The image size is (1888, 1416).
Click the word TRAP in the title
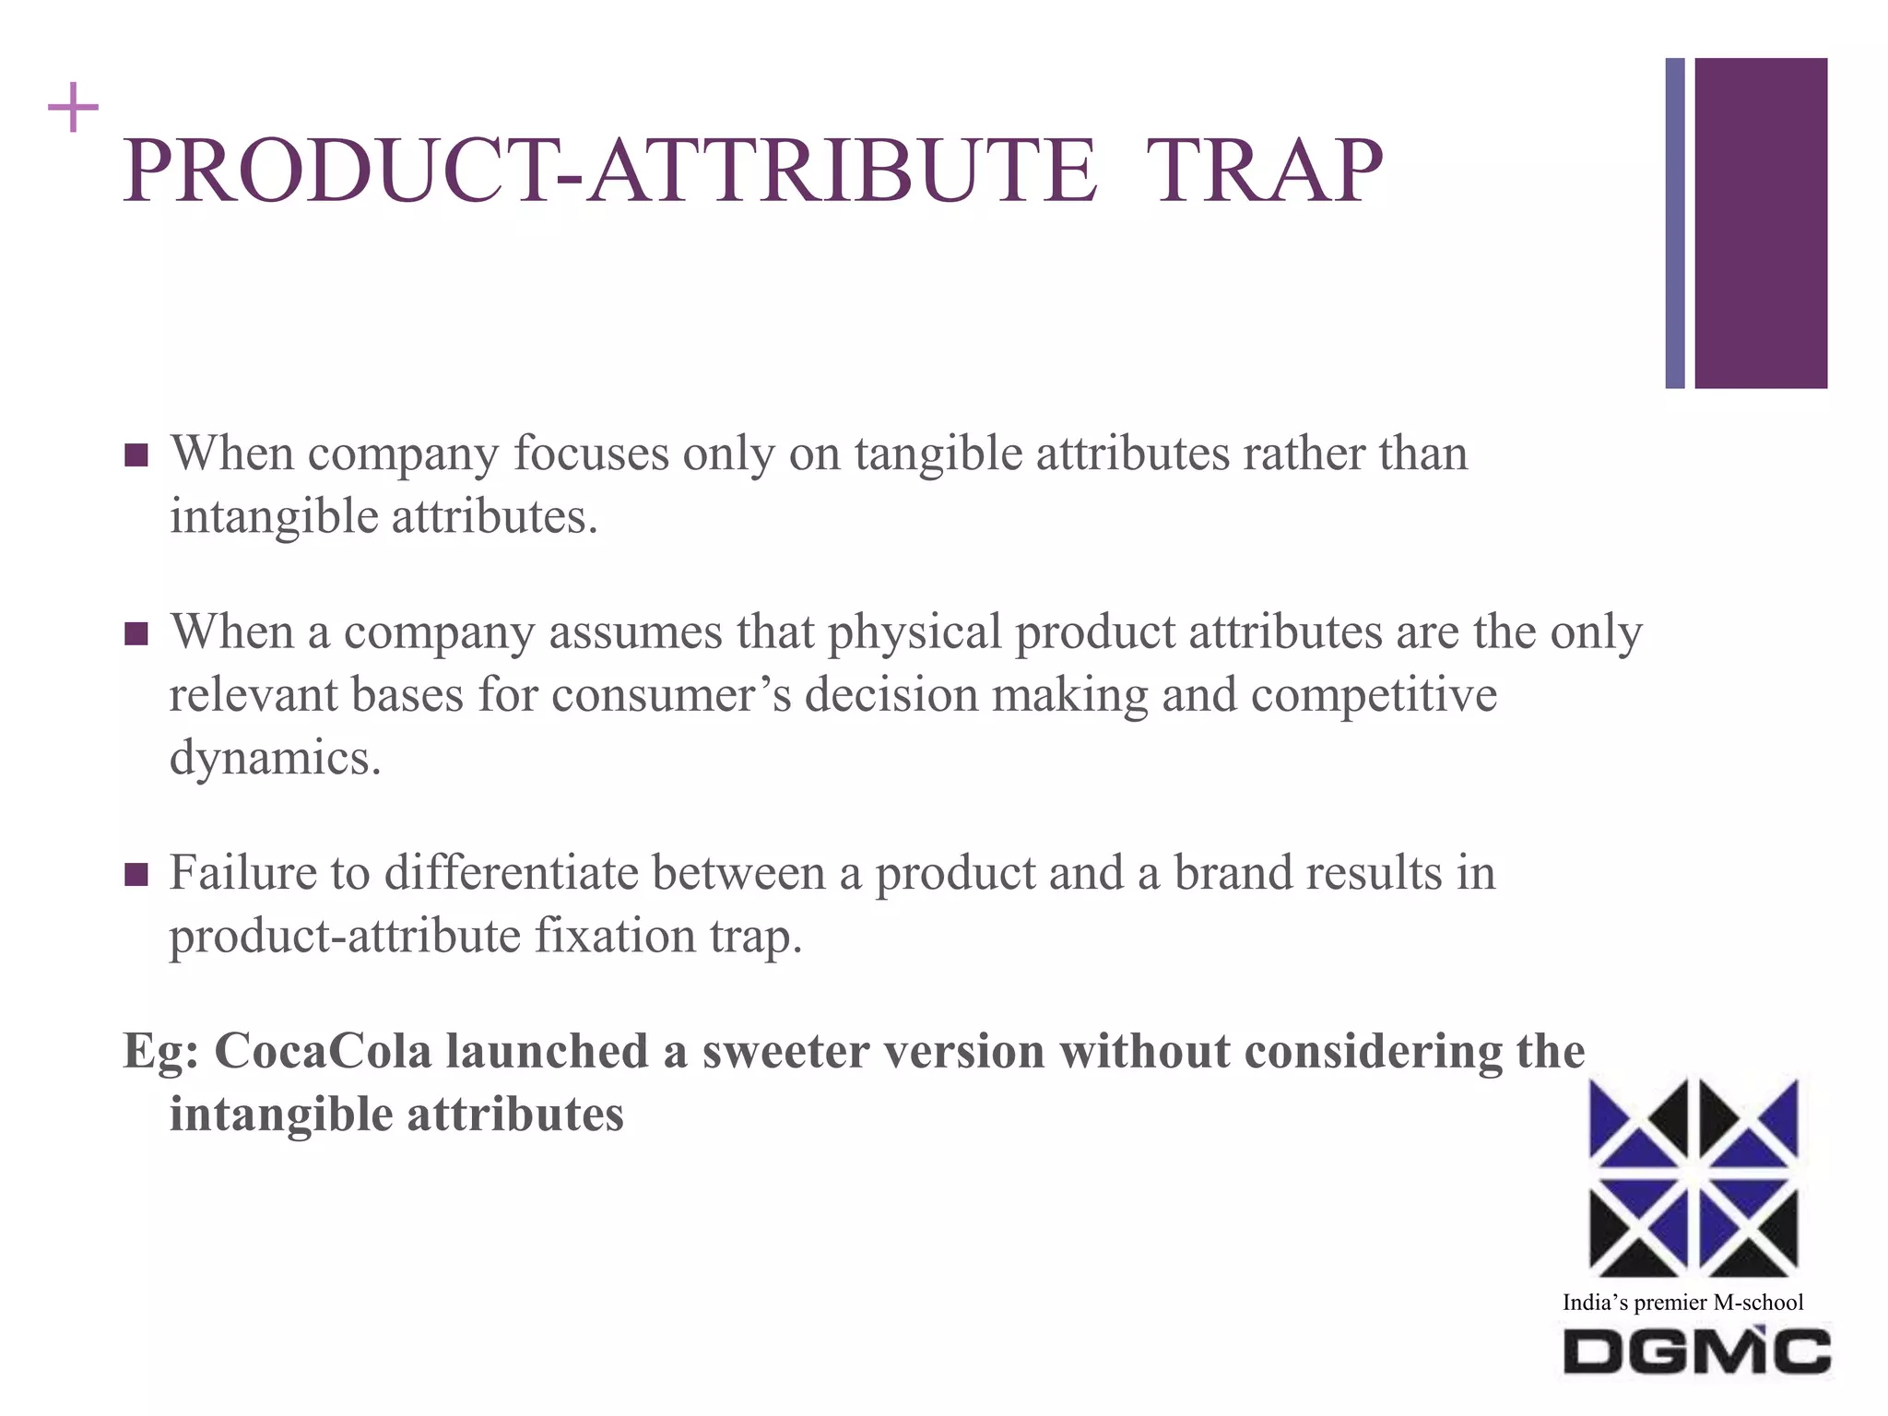1264,171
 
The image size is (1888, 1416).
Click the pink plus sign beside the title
73,109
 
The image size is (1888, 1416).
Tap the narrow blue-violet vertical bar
1674,223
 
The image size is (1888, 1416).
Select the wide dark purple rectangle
1761,223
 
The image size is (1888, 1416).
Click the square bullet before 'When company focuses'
136,455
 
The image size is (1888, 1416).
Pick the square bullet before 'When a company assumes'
136,634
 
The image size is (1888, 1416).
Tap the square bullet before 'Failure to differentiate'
136,874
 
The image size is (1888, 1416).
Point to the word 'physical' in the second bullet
914,632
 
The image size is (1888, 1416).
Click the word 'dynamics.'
275,758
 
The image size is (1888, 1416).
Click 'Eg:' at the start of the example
160,1051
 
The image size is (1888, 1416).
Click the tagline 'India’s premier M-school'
1682,1303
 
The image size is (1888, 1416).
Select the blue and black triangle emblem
1693,1178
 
